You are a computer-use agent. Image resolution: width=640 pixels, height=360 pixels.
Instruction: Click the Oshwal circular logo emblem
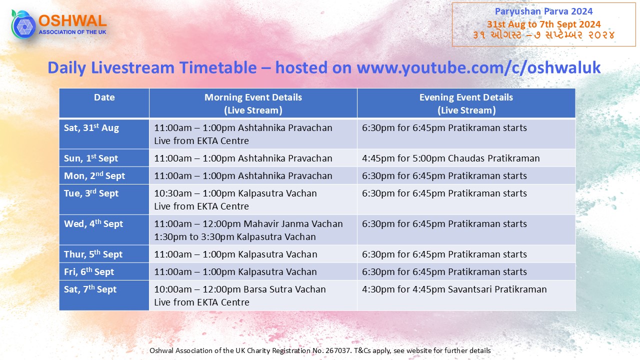[x=23, y=24]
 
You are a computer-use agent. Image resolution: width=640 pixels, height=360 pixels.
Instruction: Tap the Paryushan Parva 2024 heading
[x=543, y=11]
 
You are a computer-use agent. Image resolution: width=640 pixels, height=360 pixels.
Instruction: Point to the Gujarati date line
[x=543, y=35]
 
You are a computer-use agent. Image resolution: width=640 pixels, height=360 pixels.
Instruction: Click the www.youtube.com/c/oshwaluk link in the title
[x=478, y=67]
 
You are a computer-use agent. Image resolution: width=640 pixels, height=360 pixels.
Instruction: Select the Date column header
[x=104, y=97]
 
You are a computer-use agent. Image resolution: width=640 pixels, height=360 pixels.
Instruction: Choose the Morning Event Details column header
[x=253, y=103]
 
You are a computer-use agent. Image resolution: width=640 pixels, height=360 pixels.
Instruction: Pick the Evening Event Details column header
[x=466, y=103]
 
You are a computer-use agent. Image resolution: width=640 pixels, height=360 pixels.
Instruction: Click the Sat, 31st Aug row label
[x=91, y=127]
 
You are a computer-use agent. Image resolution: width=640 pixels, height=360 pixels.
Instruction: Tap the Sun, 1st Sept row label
[x=91, y=158]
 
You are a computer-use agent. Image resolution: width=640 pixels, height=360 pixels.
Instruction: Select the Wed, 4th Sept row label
[x=93, y=223]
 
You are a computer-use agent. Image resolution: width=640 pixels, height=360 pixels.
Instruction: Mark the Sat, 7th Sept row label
[x=90, y=289]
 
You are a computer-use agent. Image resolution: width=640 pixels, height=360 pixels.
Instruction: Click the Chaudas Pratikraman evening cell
[x=451, y=158]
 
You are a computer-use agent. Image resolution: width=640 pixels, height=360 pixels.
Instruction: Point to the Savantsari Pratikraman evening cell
[x=454, y=289]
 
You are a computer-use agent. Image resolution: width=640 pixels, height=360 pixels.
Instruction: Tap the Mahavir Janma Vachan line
[x=248, y=223]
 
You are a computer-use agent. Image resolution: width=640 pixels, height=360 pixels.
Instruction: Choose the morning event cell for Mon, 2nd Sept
[x=253, y=175]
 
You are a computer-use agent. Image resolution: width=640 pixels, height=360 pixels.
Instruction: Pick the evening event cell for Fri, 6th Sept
[x=466, y=271]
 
